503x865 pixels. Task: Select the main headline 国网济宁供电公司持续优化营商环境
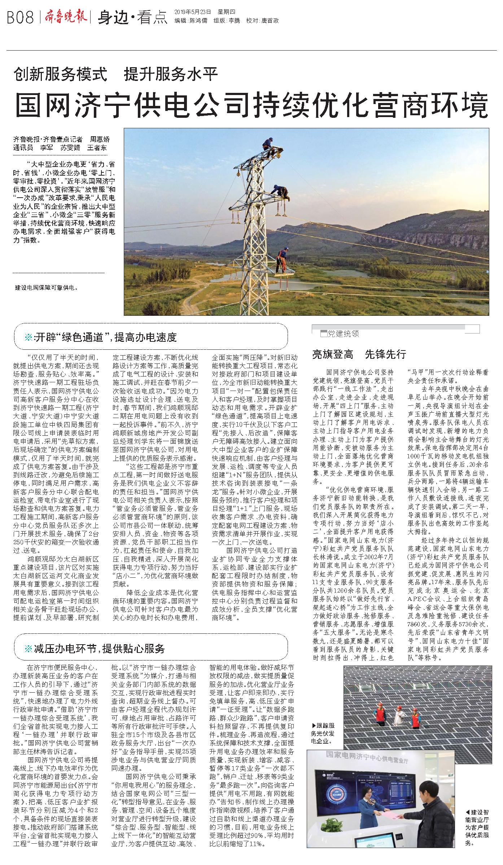(x=251, y=104)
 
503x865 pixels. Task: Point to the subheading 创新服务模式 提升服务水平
(x=116, y=74)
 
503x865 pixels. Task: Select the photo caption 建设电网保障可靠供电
(x=46, y=288)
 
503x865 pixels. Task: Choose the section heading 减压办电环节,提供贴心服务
(x=99, y=649)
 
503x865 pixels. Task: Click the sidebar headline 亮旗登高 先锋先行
(x=359, y=354)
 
